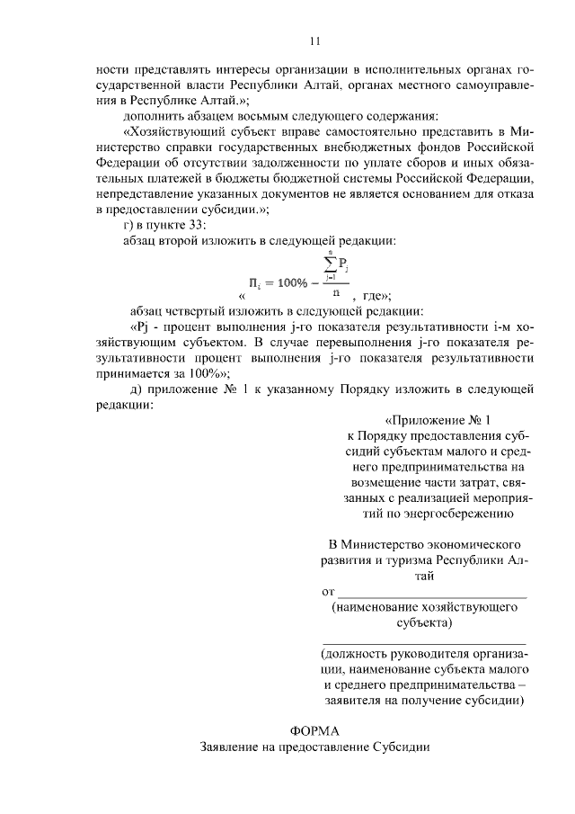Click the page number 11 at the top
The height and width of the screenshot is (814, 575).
(314, 40)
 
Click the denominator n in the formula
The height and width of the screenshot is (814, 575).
(335, 291)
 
